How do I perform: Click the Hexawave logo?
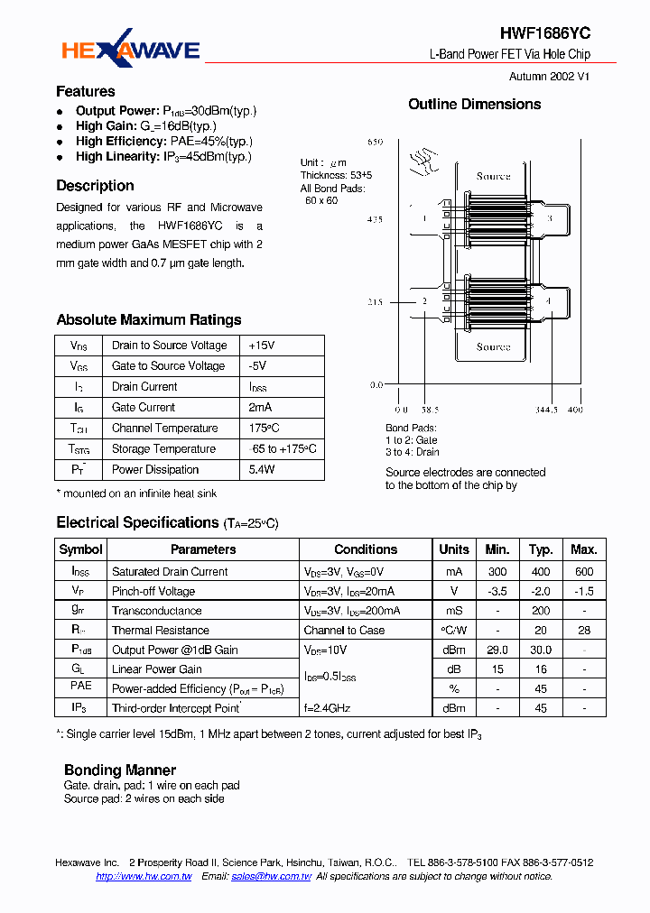(x=131, y=51)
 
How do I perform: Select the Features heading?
(x=86, y=91)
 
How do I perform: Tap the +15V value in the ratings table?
(x=262, y=346)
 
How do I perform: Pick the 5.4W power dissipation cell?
(x=262, y=469)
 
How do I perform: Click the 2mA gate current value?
(x=260, y=407)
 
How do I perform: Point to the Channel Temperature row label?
(x=164, y=428)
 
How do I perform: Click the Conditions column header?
(x=366, y=549)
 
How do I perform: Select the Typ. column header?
(x=541, y=549)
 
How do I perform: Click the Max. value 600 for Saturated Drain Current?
(x=584, y=571)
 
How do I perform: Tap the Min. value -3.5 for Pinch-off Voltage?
(x=497, y=591)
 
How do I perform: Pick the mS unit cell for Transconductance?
(x=453, y=611)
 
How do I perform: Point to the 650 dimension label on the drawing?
(x=376, y=143)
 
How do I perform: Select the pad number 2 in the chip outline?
(x=424, y=300)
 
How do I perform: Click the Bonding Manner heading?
(x=120, y=770)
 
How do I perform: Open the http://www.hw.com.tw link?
(x=144, y=876)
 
